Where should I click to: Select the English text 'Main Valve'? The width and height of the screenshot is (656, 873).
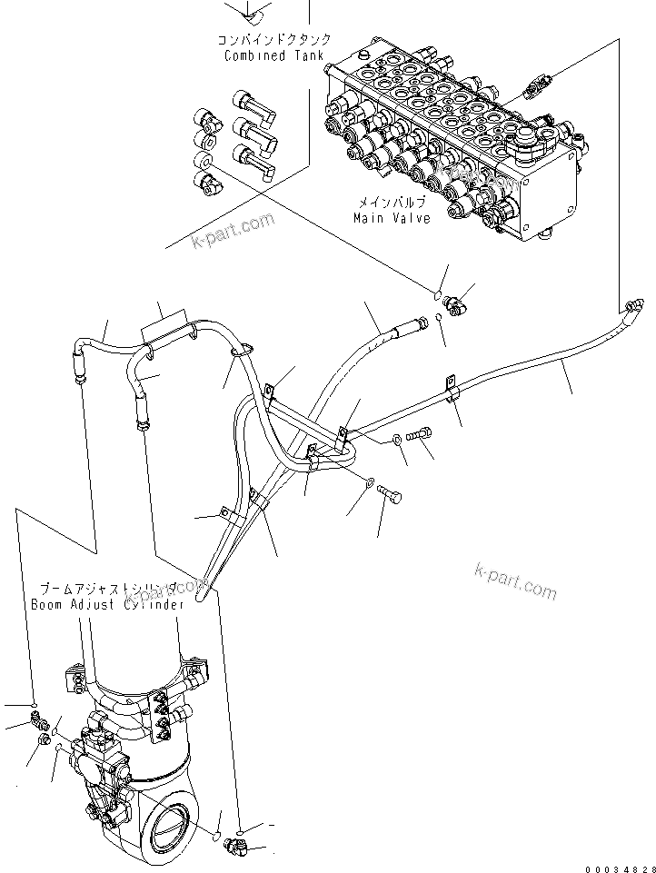click(x=392, y=218)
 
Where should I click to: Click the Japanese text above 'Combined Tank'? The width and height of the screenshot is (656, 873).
click(x=273, y=40)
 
